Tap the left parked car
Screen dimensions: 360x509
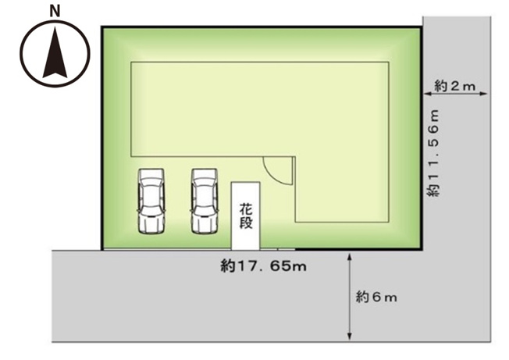(151, 201)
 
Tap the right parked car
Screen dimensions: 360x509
(204, 201)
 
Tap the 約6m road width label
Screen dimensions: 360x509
(377, 297)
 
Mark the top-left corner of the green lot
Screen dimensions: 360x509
(103, 28)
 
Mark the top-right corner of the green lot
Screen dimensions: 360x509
(421, 28)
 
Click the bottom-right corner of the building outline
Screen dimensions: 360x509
(390, 223)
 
